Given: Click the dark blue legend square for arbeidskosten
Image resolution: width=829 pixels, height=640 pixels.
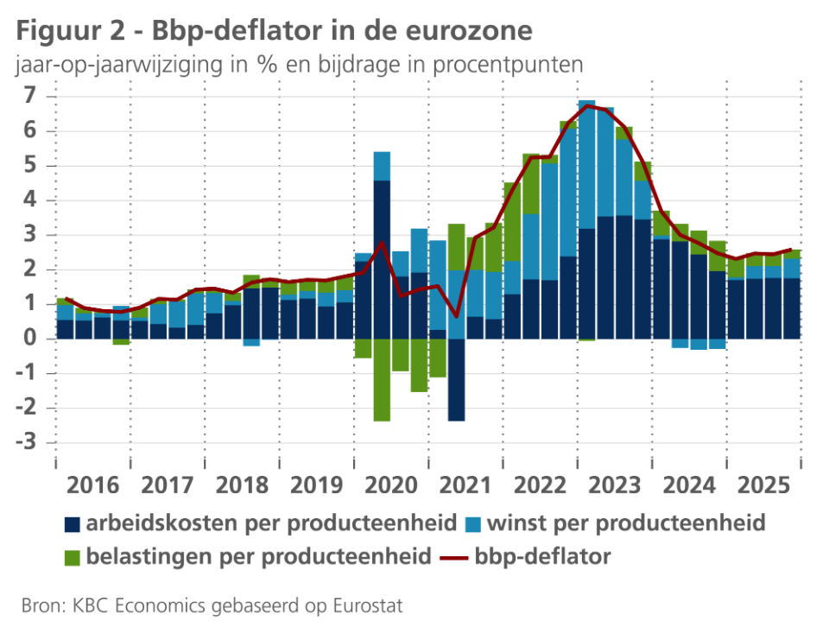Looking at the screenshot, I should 72,524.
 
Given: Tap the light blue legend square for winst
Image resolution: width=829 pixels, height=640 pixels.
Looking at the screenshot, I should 473,524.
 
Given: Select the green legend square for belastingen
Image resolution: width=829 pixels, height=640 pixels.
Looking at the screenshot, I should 72,556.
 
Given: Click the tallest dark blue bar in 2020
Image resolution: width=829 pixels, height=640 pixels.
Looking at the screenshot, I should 382,259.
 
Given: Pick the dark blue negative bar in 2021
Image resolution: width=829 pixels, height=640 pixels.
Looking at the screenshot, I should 456,379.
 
